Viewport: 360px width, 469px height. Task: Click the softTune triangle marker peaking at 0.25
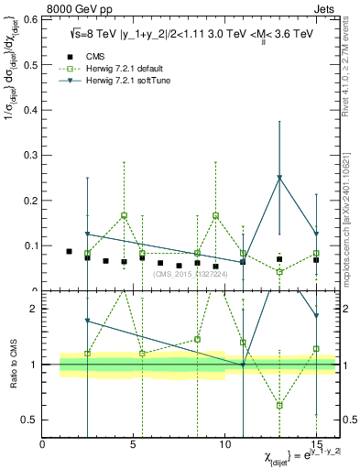279,178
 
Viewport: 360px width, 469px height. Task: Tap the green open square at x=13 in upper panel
279,272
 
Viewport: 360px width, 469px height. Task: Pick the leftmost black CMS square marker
69,251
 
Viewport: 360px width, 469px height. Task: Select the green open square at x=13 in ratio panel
279,405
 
